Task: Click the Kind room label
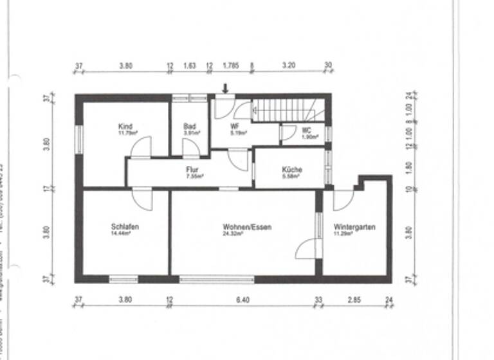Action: coord(125,127)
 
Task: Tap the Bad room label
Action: coord(189,127)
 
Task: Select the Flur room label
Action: coord(192,170)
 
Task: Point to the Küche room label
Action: coord(291,170)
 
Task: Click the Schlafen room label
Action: coord(125,227)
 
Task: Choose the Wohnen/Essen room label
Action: coord(248,227)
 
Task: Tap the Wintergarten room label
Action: coord(354,227)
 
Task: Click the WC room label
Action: coord(307,130)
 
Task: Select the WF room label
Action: coord(235,127)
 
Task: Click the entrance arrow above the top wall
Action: coord(225,88)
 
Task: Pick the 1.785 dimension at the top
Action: coord(231,66)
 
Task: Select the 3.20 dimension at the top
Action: coord(288,66)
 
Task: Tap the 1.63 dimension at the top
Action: coord(190,66)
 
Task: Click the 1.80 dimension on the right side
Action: coord(408,169)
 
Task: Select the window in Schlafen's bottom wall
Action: coord(123,279)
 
